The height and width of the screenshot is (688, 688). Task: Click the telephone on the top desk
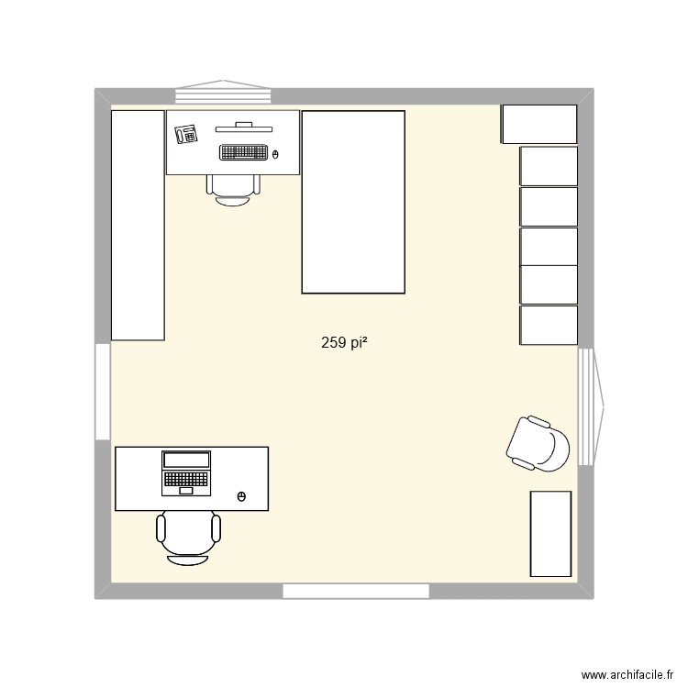(x=186, y=134)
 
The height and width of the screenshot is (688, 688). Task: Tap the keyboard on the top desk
(x=243, y=152)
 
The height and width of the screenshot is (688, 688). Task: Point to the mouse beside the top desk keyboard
(x=276, y=153)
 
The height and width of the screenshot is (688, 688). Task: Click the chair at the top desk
(x=233, y=187)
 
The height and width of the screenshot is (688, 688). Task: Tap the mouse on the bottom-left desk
(x=241, y=496)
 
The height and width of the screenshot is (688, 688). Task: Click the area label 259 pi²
(x=345, y=343)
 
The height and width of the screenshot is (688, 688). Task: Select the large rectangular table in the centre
(x=353, y=202)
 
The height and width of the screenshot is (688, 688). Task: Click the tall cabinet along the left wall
(x=138, y=225)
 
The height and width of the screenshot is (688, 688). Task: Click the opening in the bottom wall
(x=356, y=592)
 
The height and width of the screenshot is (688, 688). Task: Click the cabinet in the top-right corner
(x=538, y=124)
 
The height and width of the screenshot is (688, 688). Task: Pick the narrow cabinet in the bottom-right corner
(x=550, y=534)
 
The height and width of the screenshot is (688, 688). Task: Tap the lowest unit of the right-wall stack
(x=549, y=326)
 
